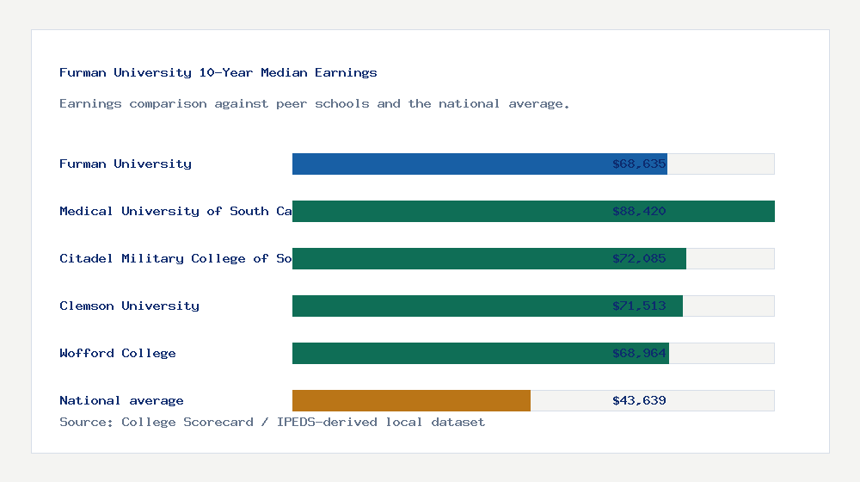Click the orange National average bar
411,400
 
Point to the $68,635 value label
639,164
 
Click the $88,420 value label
639,211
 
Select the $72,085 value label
639,258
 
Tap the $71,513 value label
639,306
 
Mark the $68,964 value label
639,353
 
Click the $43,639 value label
639,400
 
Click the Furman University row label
126,164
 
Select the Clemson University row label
129,306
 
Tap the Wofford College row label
118,353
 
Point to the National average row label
121,400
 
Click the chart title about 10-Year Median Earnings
218,72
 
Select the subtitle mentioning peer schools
315,103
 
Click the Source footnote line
272,422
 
